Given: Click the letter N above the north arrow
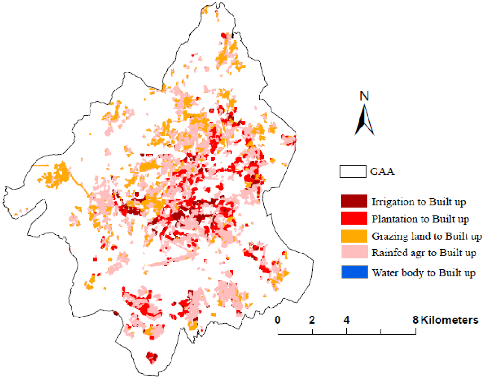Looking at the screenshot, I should [364, 96].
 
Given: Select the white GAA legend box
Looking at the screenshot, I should [352, 172].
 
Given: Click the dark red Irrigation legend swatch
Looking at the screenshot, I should [354, 201].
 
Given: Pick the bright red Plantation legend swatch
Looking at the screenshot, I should [354, 218].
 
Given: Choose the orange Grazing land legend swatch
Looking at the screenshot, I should [354, 235].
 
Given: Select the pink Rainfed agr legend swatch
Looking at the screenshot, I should [354, 253].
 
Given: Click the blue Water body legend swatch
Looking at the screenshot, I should [354, 272].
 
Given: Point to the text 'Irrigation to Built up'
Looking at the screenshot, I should [419, 202].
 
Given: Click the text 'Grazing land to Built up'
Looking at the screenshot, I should [427, 236].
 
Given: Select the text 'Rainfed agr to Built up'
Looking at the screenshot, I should [424, 253].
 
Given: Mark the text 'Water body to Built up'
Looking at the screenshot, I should [423, 272].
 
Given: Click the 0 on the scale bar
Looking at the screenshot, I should [278, 320].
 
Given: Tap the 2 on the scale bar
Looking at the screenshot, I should [312, 320].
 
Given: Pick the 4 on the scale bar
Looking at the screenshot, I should [347, 320].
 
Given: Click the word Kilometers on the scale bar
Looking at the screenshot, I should [449, 320].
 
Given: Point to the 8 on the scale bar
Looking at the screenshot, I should [416, 320].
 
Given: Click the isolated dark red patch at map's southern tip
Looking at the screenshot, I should [152, 356].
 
